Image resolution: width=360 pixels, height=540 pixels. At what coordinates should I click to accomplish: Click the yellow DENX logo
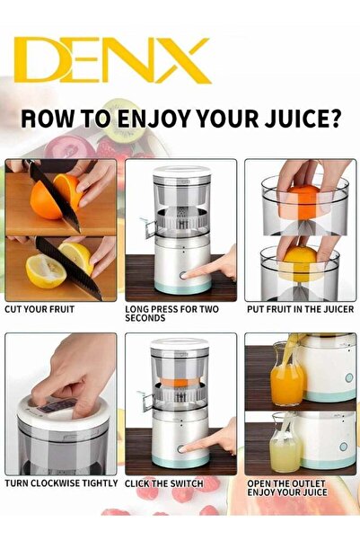click(x=112, y=61)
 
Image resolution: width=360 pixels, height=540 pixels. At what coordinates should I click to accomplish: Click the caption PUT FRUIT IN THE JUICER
click(x=299, y=309)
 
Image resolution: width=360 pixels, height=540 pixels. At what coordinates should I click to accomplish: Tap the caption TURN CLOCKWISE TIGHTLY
click(x=61, y=483)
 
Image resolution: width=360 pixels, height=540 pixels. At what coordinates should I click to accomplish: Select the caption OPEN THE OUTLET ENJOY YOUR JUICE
click(x=299, y=488)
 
